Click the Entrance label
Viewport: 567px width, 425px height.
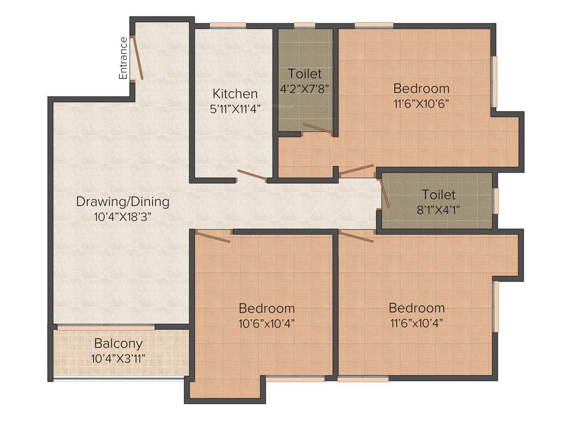(x=123, y=58)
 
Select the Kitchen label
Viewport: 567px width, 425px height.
(x=235, y=94)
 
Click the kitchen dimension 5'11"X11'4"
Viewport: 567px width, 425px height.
(x=235, y=109)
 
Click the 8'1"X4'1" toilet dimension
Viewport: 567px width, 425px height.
(x=439, y=209)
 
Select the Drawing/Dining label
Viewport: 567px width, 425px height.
(x=123, y=201)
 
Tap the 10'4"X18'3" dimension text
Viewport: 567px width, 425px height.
(x=123, y=216)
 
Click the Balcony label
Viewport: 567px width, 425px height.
(x=118, y=343)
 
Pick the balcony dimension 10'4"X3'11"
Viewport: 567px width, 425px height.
(x=118, y=358)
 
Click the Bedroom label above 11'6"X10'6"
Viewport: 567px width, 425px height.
(x=421, y=88)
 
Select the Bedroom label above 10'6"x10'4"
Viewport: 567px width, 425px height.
(x=267, y=308)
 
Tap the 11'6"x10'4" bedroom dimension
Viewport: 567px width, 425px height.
(x=416, y=323)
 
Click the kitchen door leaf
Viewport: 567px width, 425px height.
(x=251, y=175)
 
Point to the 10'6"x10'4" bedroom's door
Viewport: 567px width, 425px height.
(x=213, y=237)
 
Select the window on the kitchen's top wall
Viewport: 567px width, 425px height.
(x=228, y=24)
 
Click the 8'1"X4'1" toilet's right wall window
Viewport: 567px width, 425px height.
(x=496, y=201)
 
